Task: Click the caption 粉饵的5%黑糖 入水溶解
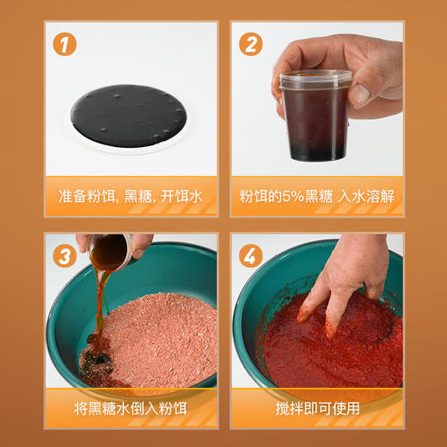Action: coord(316,197)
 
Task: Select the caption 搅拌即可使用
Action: coord(316,407)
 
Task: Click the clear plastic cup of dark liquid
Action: coord(315,120)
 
